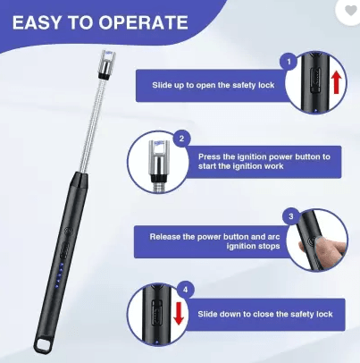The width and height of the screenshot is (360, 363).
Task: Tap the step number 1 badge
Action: (289, 62)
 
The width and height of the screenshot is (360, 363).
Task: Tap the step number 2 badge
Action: (181, 139)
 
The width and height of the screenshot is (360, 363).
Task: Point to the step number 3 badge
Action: (289, 216)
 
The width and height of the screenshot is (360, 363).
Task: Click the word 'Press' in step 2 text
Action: (209, 156)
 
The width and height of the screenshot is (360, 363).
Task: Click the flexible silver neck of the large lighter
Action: (88, 125)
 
